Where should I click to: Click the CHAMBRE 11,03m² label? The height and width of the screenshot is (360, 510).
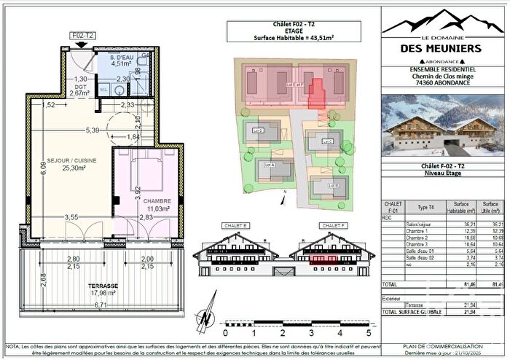(x=157, y=184)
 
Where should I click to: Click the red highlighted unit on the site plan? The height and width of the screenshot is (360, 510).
(x=317, y=94)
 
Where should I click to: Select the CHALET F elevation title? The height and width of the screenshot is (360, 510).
(x=335, y=226)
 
